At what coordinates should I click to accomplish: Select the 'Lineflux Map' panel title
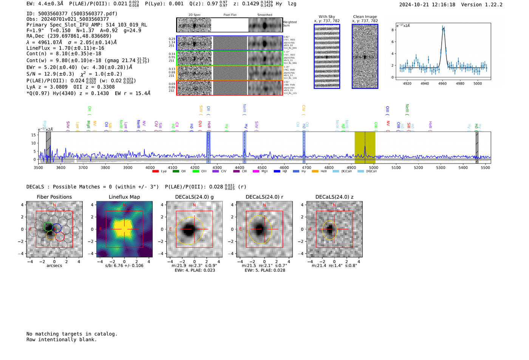[124, 197]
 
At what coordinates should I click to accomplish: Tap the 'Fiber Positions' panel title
[54, 197]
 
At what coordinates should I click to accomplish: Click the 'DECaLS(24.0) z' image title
[334, 197]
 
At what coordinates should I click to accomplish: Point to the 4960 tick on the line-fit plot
[442, 83]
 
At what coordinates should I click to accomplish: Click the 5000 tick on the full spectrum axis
[373, 168]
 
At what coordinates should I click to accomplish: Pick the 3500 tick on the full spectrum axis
[38, 168]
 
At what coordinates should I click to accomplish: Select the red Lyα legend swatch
[155, 172]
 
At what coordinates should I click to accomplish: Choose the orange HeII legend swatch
[315, 172]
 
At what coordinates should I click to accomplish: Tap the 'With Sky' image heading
[327, 17]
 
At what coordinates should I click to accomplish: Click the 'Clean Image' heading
[365, 17]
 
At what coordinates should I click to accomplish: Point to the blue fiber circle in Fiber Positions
[57, 228]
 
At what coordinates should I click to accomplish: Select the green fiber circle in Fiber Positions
[48, 227]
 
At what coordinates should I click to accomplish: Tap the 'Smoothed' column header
[264, 15]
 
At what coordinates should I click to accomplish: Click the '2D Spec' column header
[194, 15]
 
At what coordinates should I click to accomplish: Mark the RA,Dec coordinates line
[69, 36]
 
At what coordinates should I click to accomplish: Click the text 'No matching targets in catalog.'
[72, 334]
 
